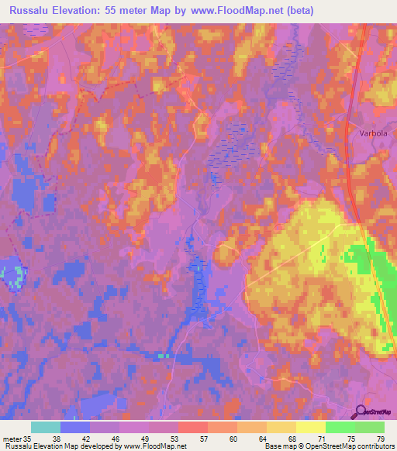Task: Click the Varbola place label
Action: click(x=373, y=133)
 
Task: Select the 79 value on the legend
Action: click(x=380, y=438)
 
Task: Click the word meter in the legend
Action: click(x=12, y=438)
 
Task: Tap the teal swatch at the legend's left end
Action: click(x=46, y=427)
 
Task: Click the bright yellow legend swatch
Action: click(x=310, y=427)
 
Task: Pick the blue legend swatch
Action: click(x=75, y=427)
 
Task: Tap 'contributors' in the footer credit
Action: click(x=374, y=446)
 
